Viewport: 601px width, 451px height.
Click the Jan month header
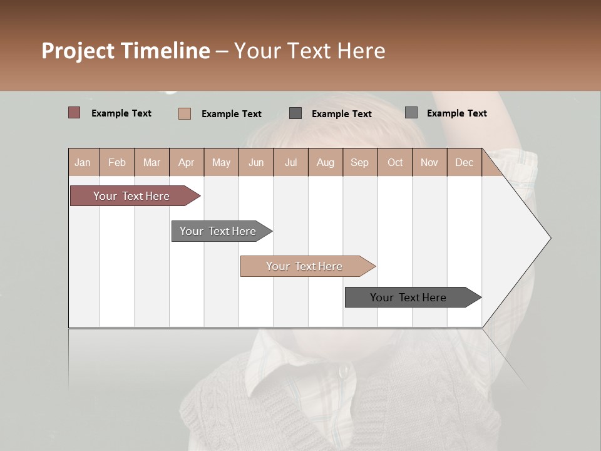click(x=83, y=162)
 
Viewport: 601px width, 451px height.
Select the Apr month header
click(x=187, y=162)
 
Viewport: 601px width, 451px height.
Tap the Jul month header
click(x=290, y=162)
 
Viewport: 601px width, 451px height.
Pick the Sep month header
click(x=359, y=162)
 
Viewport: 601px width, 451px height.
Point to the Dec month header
click(x=464, y=162)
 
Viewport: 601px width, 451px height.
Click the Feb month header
click(x=117, y=162)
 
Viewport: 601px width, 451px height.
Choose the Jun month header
click(x=256, y=162)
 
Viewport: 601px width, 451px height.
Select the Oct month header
click(x=395, y=162)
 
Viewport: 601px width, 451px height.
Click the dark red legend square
click(x=74, y=113)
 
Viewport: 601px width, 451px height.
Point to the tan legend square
click(x=185, y=113)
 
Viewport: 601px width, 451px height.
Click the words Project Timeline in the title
click(x=126, y=51)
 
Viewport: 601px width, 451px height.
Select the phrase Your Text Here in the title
click(x=310, y=51)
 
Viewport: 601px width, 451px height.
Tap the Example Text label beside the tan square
click(x=232, y=114)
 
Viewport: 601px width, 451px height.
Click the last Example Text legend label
click(x=457, y=113)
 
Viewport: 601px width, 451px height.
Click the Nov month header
click(x=429, y=162)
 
